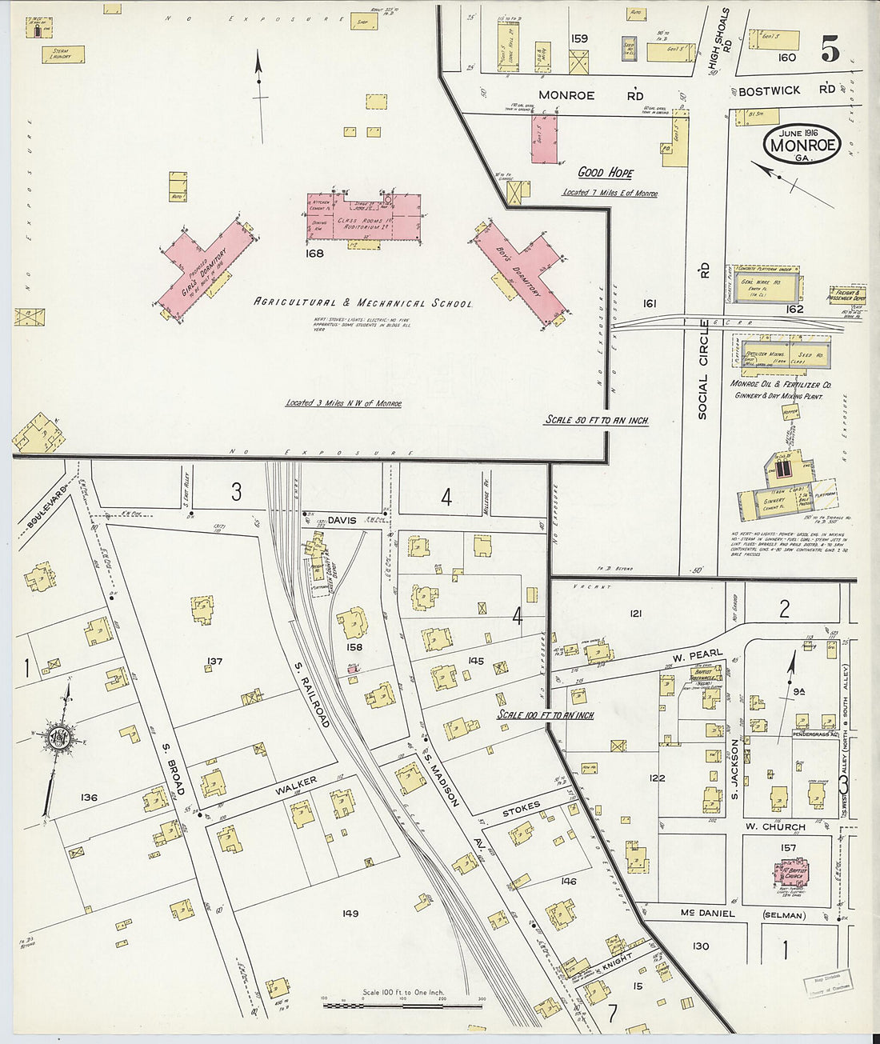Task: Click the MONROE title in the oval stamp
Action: [x=802, y=146]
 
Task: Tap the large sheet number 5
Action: [x=830, y=51]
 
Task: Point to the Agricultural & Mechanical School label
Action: [x=362, y=304]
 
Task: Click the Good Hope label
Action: [x=605, y=173]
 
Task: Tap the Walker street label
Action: [x=297, y=784]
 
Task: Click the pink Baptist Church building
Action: [x=793, y=874]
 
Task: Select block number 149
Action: [x=350, y=913]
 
